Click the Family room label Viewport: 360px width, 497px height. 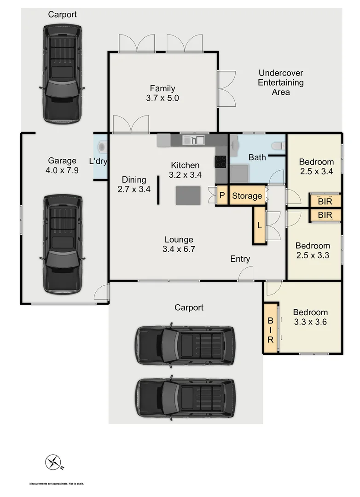(163, 93)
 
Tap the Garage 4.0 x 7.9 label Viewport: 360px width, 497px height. (62, 165)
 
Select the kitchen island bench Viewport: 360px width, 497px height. (188, 195)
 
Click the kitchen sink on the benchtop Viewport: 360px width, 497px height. (193, 140)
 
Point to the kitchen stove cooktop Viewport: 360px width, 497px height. (221, 162)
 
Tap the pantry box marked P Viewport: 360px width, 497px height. (222, 196)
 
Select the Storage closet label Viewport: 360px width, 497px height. (247, 196)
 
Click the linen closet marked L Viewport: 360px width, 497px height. (260, 225)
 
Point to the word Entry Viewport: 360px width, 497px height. (240, 259)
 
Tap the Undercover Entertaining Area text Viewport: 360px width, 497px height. (280, 82)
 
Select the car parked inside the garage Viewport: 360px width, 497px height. (63, 244)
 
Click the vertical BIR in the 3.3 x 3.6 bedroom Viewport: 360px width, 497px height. (270, 328)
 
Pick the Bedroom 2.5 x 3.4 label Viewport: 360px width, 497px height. (316, 167)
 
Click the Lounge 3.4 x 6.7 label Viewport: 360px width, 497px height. (179, 244)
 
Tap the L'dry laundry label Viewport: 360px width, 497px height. (98, 161)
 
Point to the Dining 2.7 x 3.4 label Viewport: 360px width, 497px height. (134, 184)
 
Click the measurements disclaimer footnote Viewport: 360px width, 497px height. (57, 484)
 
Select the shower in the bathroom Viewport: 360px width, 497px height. (239, 173)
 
